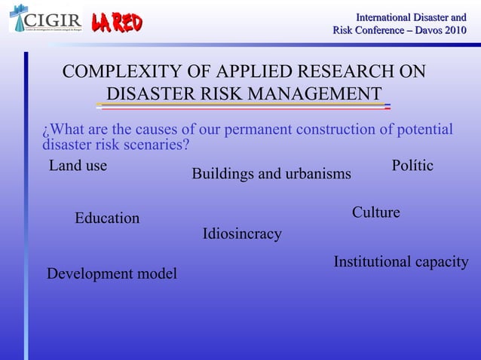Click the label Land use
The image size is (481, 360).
click(78, 166)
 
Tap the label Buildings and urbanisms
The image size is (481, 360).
click(271, 174)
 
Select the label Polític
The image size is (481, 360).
click(412, 166)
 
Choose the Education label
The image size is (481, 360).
click(107, 218)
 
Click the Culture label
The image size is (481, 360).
click(375, 213)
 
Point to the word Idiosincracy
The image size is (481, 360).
click(242, 234)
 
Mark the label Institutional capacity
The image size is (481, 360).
click(400, 262)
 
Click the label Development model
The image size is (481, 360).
click(112, 273)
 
